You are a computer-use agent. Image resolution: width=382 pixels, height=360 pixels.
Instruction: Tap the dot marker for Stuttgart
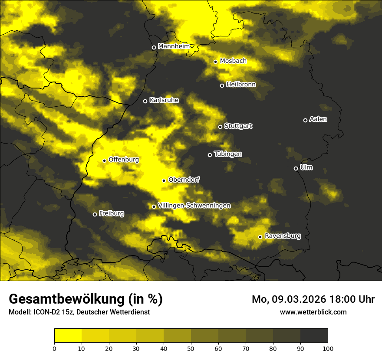pos(220,127)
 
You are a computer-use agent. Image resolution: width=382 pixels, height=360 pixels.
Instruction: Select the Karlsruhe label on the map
pos(164,100)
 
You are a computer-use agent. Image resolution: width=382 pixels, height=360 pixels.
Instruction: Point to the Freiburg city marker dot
pos(95,214)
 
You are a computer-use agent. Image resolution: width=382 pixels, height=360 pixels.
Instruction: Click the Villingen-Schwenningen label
pos(194,206)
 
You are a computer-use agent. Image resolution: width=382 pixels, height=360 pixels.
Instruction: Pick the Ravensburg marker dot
pos(260,237)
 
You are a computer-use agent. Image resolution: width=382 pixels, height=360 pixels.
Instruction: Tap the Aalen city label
pos(318,119)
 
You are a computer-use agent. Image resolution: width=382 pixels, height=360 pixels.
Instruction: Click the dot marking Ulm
pos(296,168)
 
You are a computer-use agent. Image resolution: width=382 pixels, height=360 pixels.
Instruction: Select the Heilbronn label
pos(241,85)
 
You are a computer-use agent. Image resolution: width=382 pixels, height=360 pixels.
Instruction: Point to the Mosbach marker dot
pos(215,62)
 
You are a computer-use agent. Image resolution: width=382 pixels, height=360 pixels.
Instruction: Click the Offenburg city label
pos(124,160)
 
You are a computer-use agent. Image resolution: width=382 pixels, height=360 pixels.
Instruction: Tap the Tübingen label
pos(228,154)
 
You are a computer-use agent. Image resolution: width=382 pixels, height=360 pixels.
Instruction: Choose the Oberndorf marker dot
pos(164,180)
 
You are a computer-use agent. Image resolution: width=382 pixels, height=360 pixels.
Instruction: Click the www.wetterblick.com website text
pos(313,312)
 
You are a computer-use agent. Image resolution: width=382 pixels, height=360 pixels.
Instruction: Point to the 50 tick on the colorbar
pos(191,348)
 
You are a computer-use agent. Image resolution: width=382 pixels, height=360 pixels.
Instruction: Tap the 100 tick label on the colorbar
pos(328,348)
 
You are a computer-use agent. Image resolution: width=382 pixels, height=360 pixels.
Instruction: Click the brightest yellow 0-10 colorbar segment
pos(68,335)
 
